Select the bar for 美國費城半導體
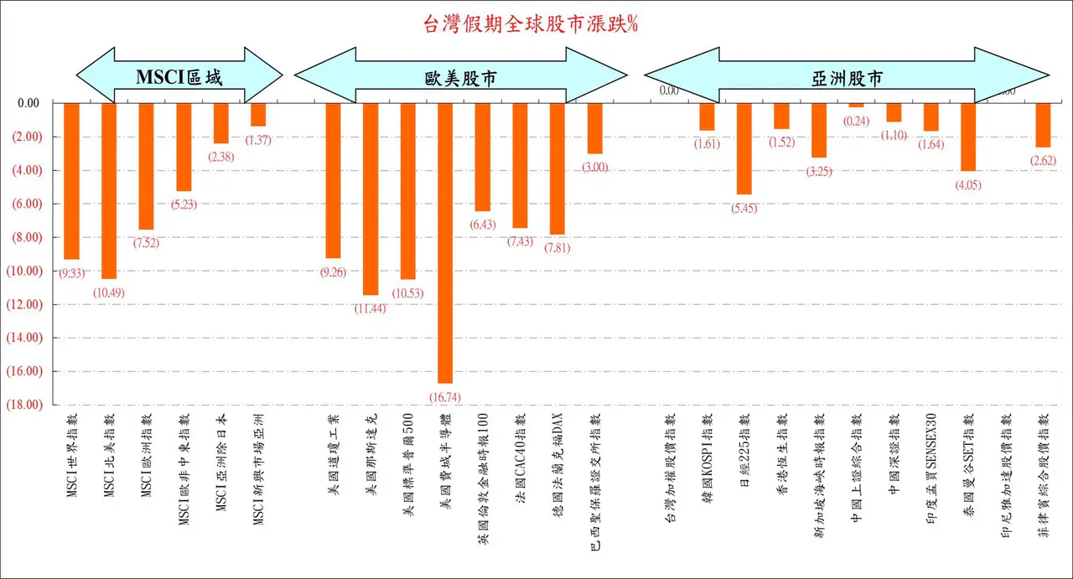(445, 243)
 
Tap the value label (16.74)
(445, 396)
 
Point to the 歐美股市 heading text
(457, 78)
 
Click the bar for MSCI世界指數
(71, 181)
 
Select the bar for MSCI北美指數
(109, 190)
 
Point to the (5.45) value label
(744, 209)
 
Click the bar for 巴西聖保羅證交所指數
(594, 128)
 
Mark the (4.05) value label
(968, 185)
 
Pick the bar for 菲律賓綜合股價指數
(1043, 125)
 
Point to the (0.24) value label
(856, 121)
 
